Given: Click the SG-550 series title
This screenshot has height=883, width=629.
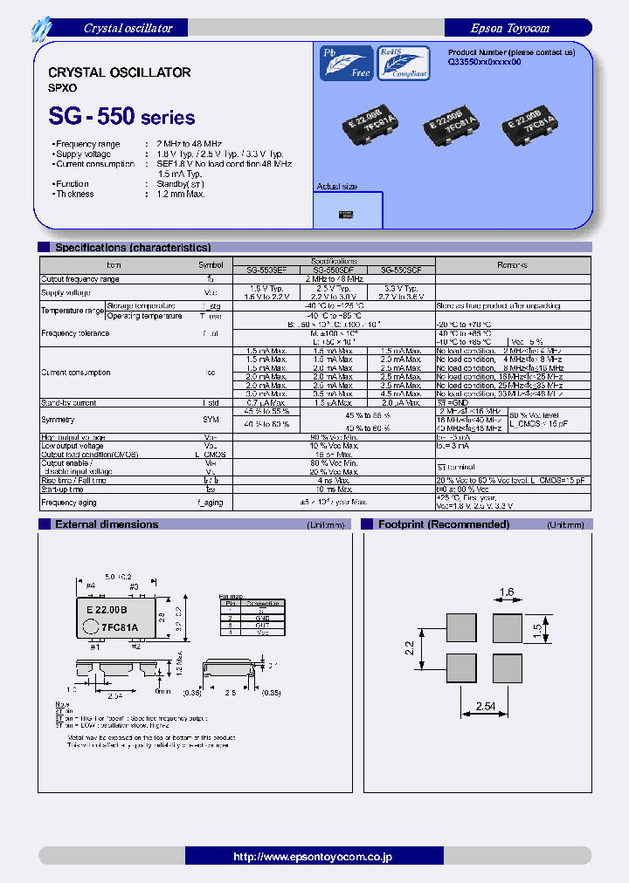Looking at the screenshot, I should point(121,116).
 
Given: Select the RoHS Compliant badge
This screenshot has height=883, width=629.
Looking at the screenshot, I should point(403,63).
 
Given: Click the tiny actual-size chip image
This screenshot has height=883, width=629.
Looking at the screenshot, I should point(347,212).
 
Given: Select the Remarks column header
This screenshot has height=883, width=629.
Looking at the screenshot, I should point(512,264).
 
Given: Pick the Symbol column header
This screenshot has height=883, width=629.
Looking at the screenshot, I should point(211,264).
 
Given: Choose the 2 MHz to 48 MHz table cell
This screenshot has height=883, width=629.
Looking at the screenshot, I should point(332,278).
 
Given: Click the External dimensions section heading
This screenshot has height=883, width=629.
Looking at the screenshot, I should point(107,524).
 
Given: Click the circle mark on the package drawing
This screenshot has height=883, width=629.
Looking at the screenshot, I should point(91,626).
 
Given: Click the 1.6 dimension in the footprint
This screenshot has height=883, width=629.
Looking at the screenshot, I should point(508,592).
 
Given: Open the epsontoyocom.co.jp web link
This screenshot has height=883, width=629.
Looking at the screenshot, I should point(313,857).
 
